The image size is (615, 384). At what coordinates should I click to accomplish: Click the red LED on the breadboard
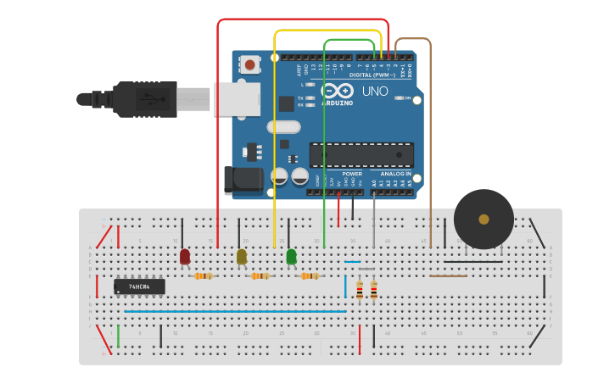pyautogui.click(x=185, y=256)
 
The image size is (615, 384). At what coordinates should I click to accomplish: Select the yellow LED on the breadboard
pyautogui.click(x=242, y=256)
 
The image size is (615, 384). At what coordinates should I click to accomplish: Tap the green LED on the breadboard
pyautogui.click(x=292, y=256)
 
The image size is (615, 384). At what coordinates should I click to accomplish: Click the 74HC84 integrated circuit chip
pyautogui.click(x=139, y=287)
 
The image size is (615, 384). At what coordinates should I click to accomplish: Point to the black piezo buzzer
pyautogui.click(x=484, y=219)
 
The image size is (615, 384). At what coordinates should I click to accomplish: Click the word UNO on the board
pyautogui.click(x=375, y=91)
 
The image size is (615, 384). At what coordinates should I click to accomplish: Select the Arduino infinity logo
pyautogui.click(x=337, y=92)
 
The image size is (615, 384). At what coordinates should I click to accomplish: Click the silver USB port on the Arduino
pyautogui.click(x=237, y=99)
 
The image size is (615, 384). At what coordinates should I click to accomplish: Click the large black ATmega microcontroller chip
pyautogui.click(x=361, y=154)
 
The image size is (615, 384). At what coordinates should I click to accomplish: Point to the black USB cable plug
pyautogui.click(x=144, y=99)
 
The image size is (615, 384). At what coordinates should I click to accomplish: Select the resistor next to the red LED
pyautogui.click(x=203, y=275)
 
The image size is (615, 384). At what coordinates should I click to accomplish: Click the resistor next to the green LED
pyautogui.click(x=310, y=275)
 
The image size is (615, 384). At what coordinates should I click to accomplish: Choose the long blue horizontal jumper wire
pyautogui.click(x=235, y=311)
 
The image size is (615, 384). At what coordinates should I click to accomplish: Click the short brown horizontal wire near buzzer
pyautogui.click(x=448, y=275)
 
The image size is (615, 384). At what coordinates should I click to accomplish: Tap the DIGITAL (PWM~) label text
pyautogui.click(x=372, y=75)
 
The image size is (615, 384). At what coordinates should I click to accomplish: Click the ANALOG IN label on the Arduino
pyautogui.click(x=395, y=174)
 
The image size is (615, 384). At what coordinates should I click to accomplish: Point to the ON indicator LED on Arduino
pyautogui.click(x=400, y=97)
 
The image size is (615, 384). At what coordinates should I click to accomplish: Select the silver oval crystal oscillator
pyautogui.click(x=283, y=127)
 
